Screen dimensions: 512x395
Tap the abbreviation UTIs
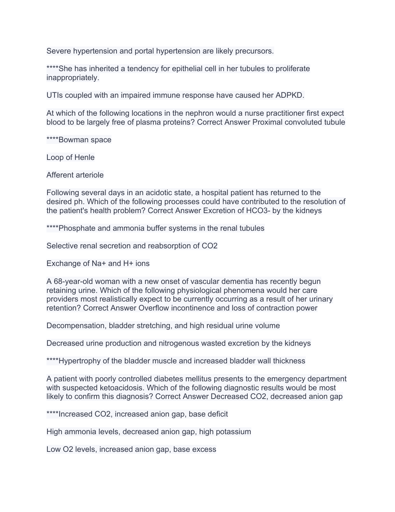click(54, 95)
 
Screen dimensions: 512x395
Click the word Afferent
click(60, 175)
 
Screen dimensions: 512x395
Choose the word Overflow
click(154, 308)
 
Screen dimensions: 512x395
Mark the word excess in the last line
click(205, 449)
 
